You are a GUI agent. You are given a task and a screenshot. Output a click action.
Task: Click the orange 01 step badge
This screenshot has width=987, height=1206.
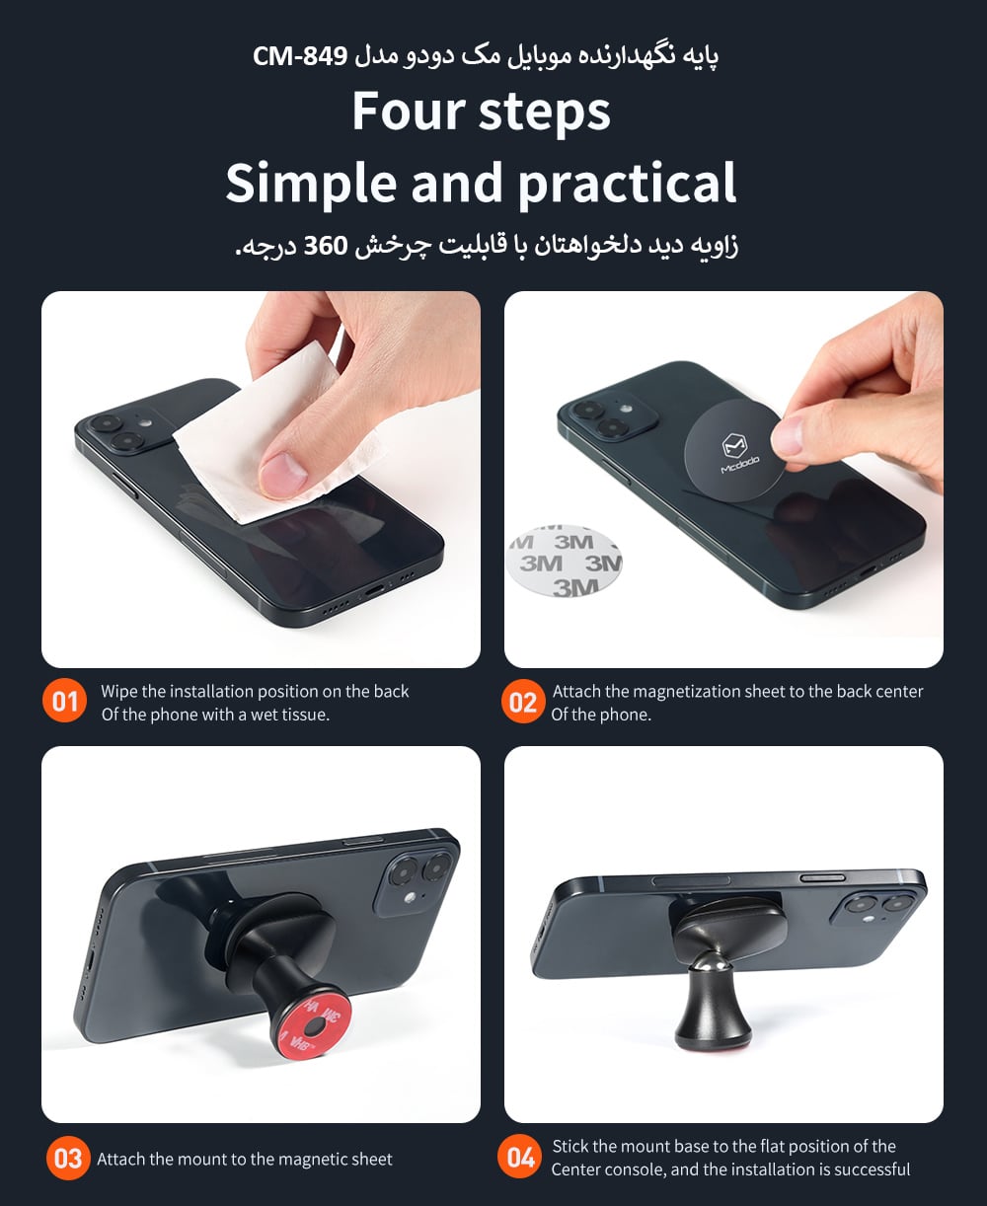pyautogui.click(x=64, y=701)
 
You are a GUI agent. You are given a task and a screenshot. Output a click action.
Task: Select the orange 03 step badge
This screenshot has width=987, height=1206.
pyautogui.click(x=68, y=1159)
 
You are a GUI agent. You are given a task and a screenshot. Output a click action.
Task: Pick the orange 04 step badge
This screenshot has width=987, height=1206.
pyautogui.click(x=520, y=1158)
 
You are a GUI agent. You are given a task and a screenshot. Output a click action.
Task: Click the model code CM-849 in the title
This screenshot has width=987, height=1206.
pyautogui.click(x=300, y=56)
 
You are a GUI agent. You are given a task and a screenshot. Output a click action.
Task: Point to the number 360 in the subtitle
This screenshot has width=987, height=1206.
pyautogui.click(x=326, y=246)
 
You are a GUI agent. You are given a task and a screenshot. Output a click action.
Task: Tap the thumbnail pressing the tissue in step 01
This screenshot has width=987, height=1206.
pyautogui.click(x=282, y=470)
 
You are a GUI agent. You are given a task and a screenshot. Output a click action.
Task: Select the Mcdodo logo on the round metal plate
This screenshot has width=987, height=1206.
pyautogui.click(x=737, y=453)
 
